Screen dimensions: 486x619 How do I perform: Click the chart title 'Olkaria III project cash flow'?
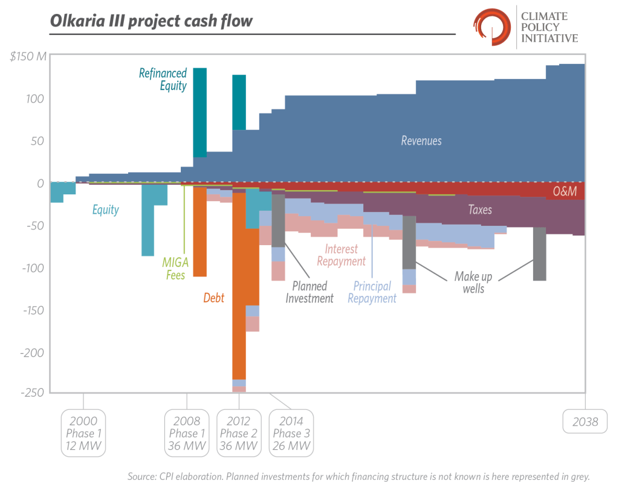pos(152,22)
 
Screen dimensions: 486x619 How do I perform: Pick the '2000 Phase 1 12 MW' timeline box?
pos(83,433)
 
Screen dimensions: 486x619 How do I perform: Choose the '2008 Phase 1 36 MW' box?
pos(186,433)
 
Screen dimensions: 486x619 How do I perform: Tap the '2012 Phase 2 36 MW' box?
pos(239,433)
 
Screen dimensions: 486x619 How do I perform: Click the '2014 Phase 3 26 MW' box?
pos(291,433)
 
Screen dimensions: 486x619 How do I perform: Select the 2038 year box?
pos(585,421)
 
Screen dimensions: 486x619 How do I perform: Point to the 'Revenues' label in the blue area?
pos(421,141)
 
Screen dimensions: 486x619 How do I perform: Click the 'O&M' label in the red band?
pos(565,192)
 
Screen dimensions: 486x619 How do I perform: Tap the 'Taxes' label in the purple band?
pos(480,210)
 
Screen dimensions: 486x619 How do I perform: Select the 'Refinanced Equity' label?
pos(163,79)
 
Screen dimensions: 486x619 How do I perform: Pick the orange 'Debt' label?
pos(213,298)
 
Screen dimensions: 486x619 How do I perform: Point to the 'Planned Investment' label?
pos(309,292)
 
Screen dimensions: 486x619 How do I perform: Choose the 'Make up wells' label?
pos(473,283)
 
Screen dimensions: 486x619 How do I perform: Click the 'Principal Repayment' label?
pos(372,292)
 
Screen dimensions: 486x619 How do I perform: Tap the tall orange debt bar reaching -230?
pos(239,284)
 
